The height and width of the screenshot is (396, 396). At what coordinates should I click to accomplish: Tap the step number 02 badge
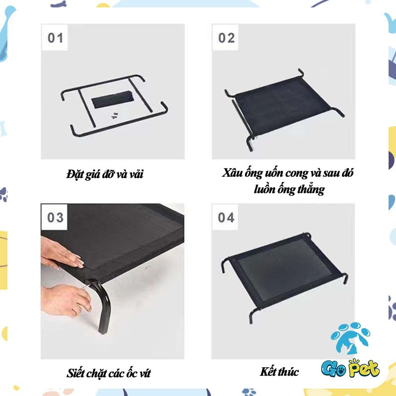coord(226,38)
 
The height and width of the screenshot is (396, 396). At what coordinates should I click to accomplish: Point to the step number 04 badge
coord(226,217)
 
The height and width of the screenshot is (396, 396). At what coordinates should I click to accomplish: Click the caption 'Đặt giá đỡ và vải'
coord(105,174)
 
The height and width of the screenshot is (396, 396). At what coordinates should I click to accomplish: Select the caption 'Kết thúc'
coord(279,372)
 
